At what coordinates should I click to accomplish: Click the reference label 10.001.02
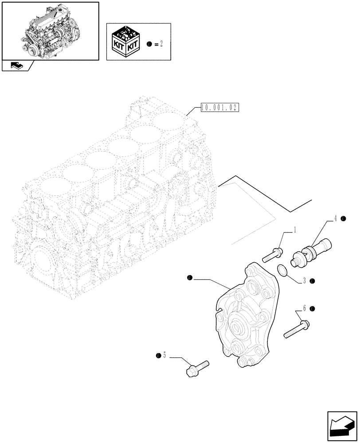(x=219, y=108)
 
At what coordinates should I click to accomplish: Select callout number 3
(x=305, y=281)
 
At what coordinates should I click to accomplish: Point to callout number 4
(x=336, y=218)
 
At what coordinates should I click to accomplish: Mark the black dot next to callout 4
(x=344, y=218)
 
